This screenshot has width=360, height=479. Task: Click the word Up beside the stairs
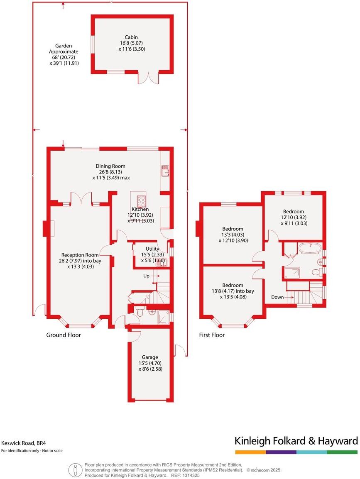click(146, 276)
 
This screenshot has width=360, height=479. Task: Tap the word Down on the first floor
click(278, 297)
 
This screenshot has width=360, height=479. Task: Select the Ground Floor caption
click(63, 335)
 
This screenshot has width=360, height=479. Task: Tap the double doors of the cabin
click(148, 78)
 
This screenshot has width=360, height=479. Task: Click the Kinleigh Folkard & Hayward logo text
click(296, 440)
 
